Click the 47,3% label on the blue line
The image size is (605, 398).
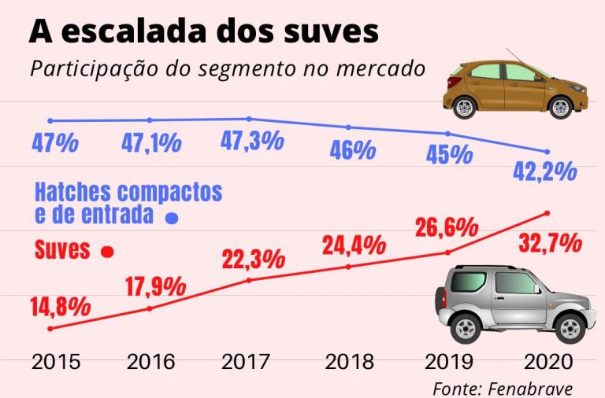tap(251, 142)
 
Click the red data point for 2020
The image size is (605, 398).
tap(547, 212)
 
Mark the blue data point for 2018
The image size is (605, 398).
tap(349, 127)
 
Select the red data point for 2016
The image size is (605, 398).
tap(150, 308)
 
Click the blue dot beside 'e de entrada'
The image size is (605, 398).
tap(169, 218)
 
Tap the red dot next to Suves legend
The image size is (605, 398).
tap(108, 252)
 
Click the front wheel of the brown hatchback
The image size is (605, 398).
tap(561, 107)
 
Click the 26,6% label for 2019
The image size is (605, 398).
tap(447, 228)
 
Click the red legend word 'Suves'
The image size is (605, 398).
tap(63, 251)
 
